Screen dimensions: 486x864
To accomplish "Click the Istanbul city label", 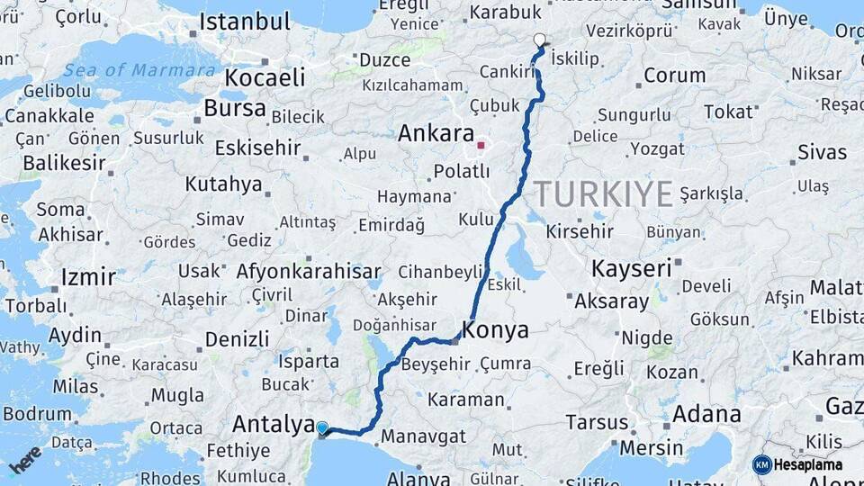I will [245, 22].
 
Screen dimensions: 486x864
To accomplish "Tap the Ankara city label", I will [436, 134].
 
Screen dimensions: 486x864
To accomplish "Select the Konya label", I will [496, 330].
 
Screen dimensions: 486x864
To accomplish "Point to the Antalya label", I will [273, 423].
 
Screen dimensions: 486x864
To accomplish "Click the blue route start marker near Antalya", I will [322, 427].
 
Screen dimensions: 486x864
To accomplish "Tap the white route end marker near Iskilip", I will [540, 40].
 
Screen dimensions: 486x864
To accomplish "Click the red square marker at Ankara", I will [481, 144].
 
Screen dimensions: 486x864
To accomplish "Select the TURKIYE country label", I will [603, 193].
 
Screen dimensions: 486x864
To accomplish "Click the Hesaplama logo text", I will [807, 465].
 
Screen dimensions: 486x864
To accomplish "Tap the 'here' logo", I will [25, 459].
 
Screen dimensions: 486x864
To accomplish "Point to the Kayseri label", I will [632, 268].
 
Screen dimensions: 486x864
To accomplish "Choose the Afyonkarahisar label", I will [309, 271].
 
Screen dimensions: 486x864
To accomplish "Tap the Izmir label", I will [88, 276].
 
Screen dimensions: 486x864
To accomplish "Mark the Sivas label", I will [822, 152].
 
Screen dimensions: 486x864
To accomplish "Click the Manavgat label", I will [423, 437].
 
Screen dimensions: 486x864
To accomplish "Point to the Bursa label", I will [235, 109].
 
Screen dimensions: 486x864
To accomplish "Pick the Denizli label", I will [238, 339].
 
